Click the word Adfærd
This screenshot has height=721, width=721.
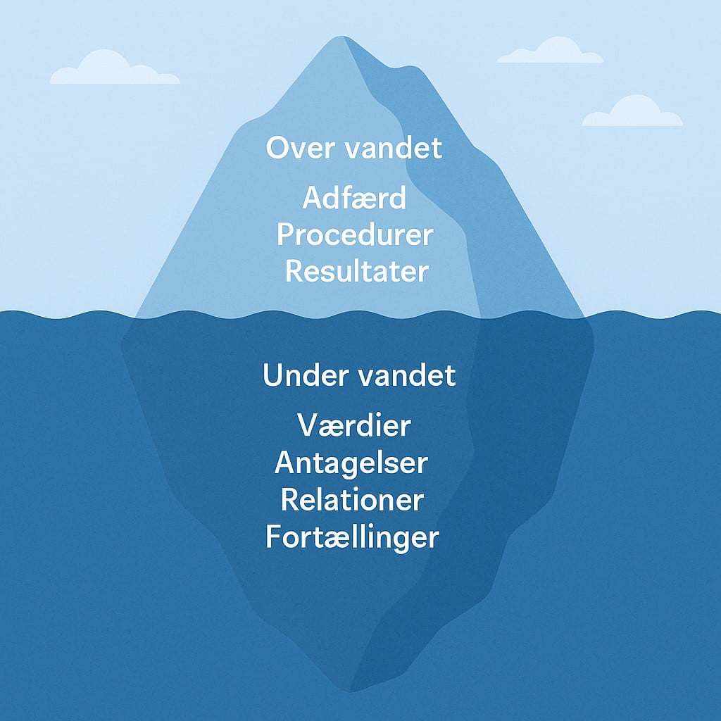[x=354, y=199]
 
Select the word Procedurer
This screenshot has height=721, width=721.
[x=354, y=235]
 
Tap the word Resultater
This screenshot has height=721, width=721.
[x=356, y=271]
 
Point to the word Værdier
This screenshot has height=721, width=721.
[x=354, y=426]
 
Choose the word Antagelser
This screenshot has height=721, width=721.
[x=351, y=463]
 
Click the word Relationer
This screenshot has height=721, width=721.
[x=352, y=500]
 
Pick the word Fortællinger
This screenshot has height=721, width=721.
[x=352, y=537]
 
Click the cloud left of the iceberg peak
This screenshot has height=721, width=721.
[x=113, y=69]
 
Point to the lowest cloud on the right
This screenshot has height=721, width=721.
[x=632, y=113]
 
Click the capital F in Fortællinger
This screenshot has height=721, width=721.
[x=275, y=537]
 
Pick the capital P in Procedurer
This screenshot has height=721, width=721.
[x=286, y=235]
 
